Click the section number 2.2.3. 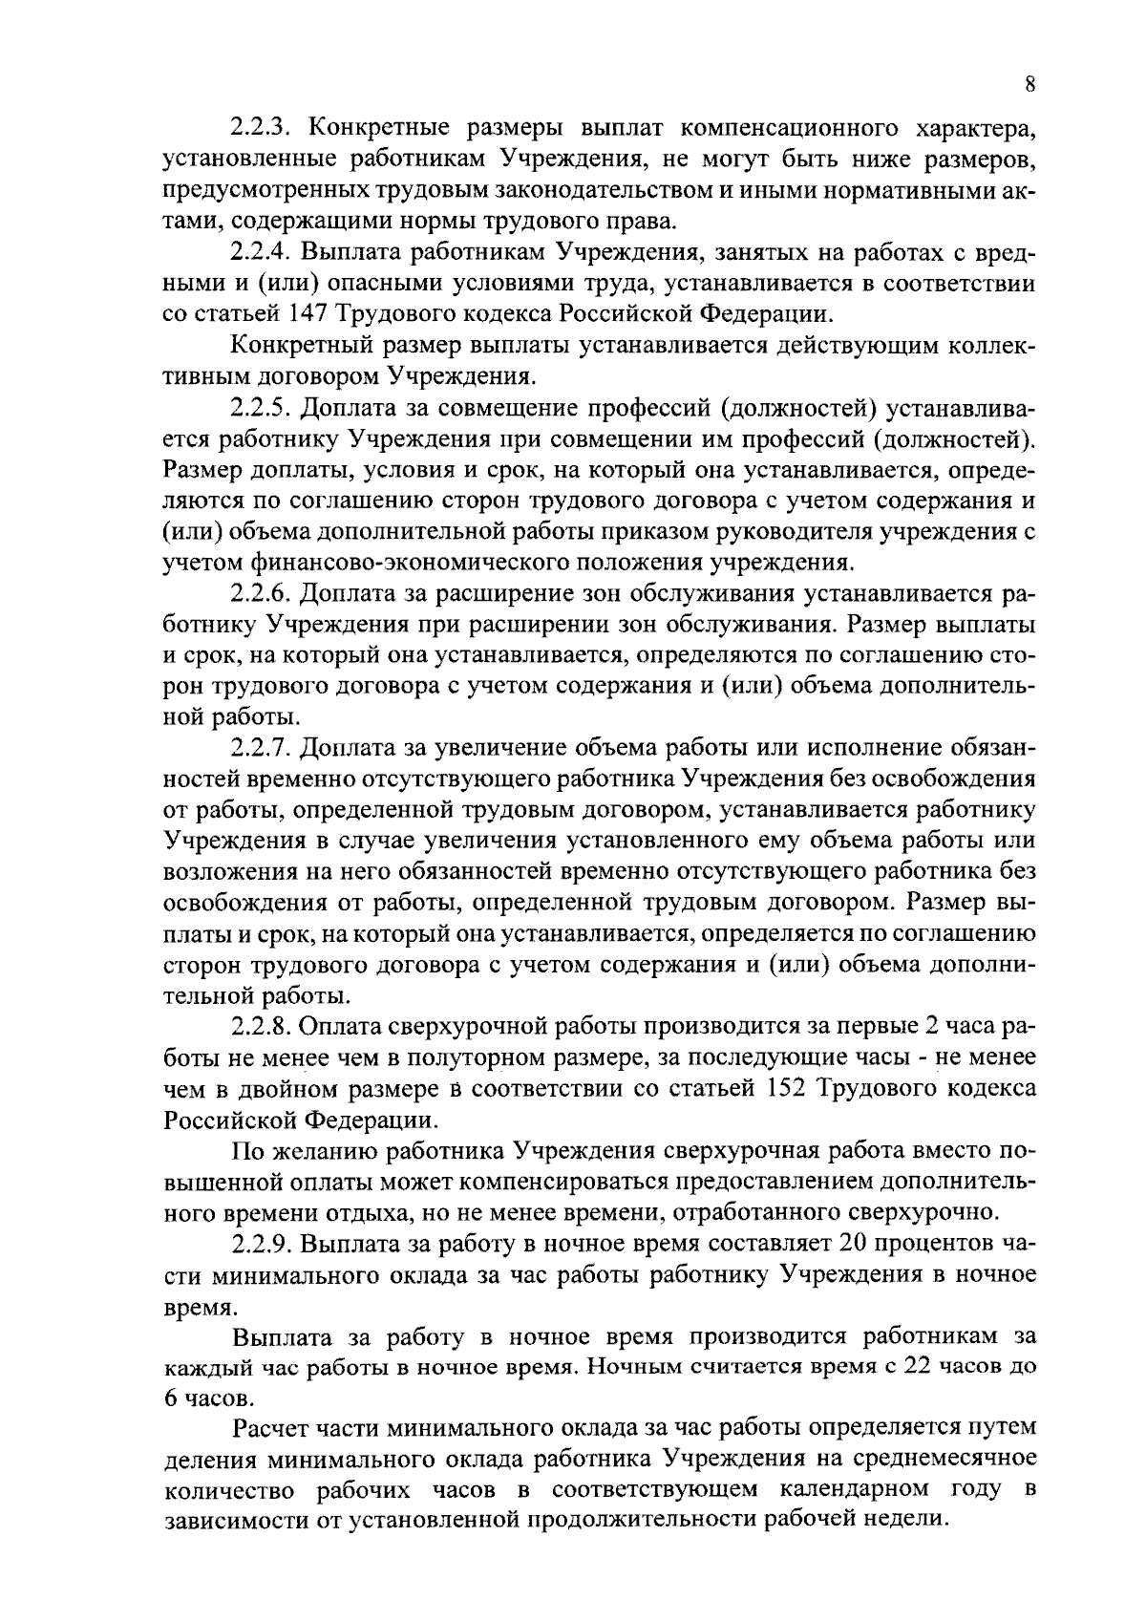pos(264,127)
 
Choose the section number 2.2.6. pos(264,594)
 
